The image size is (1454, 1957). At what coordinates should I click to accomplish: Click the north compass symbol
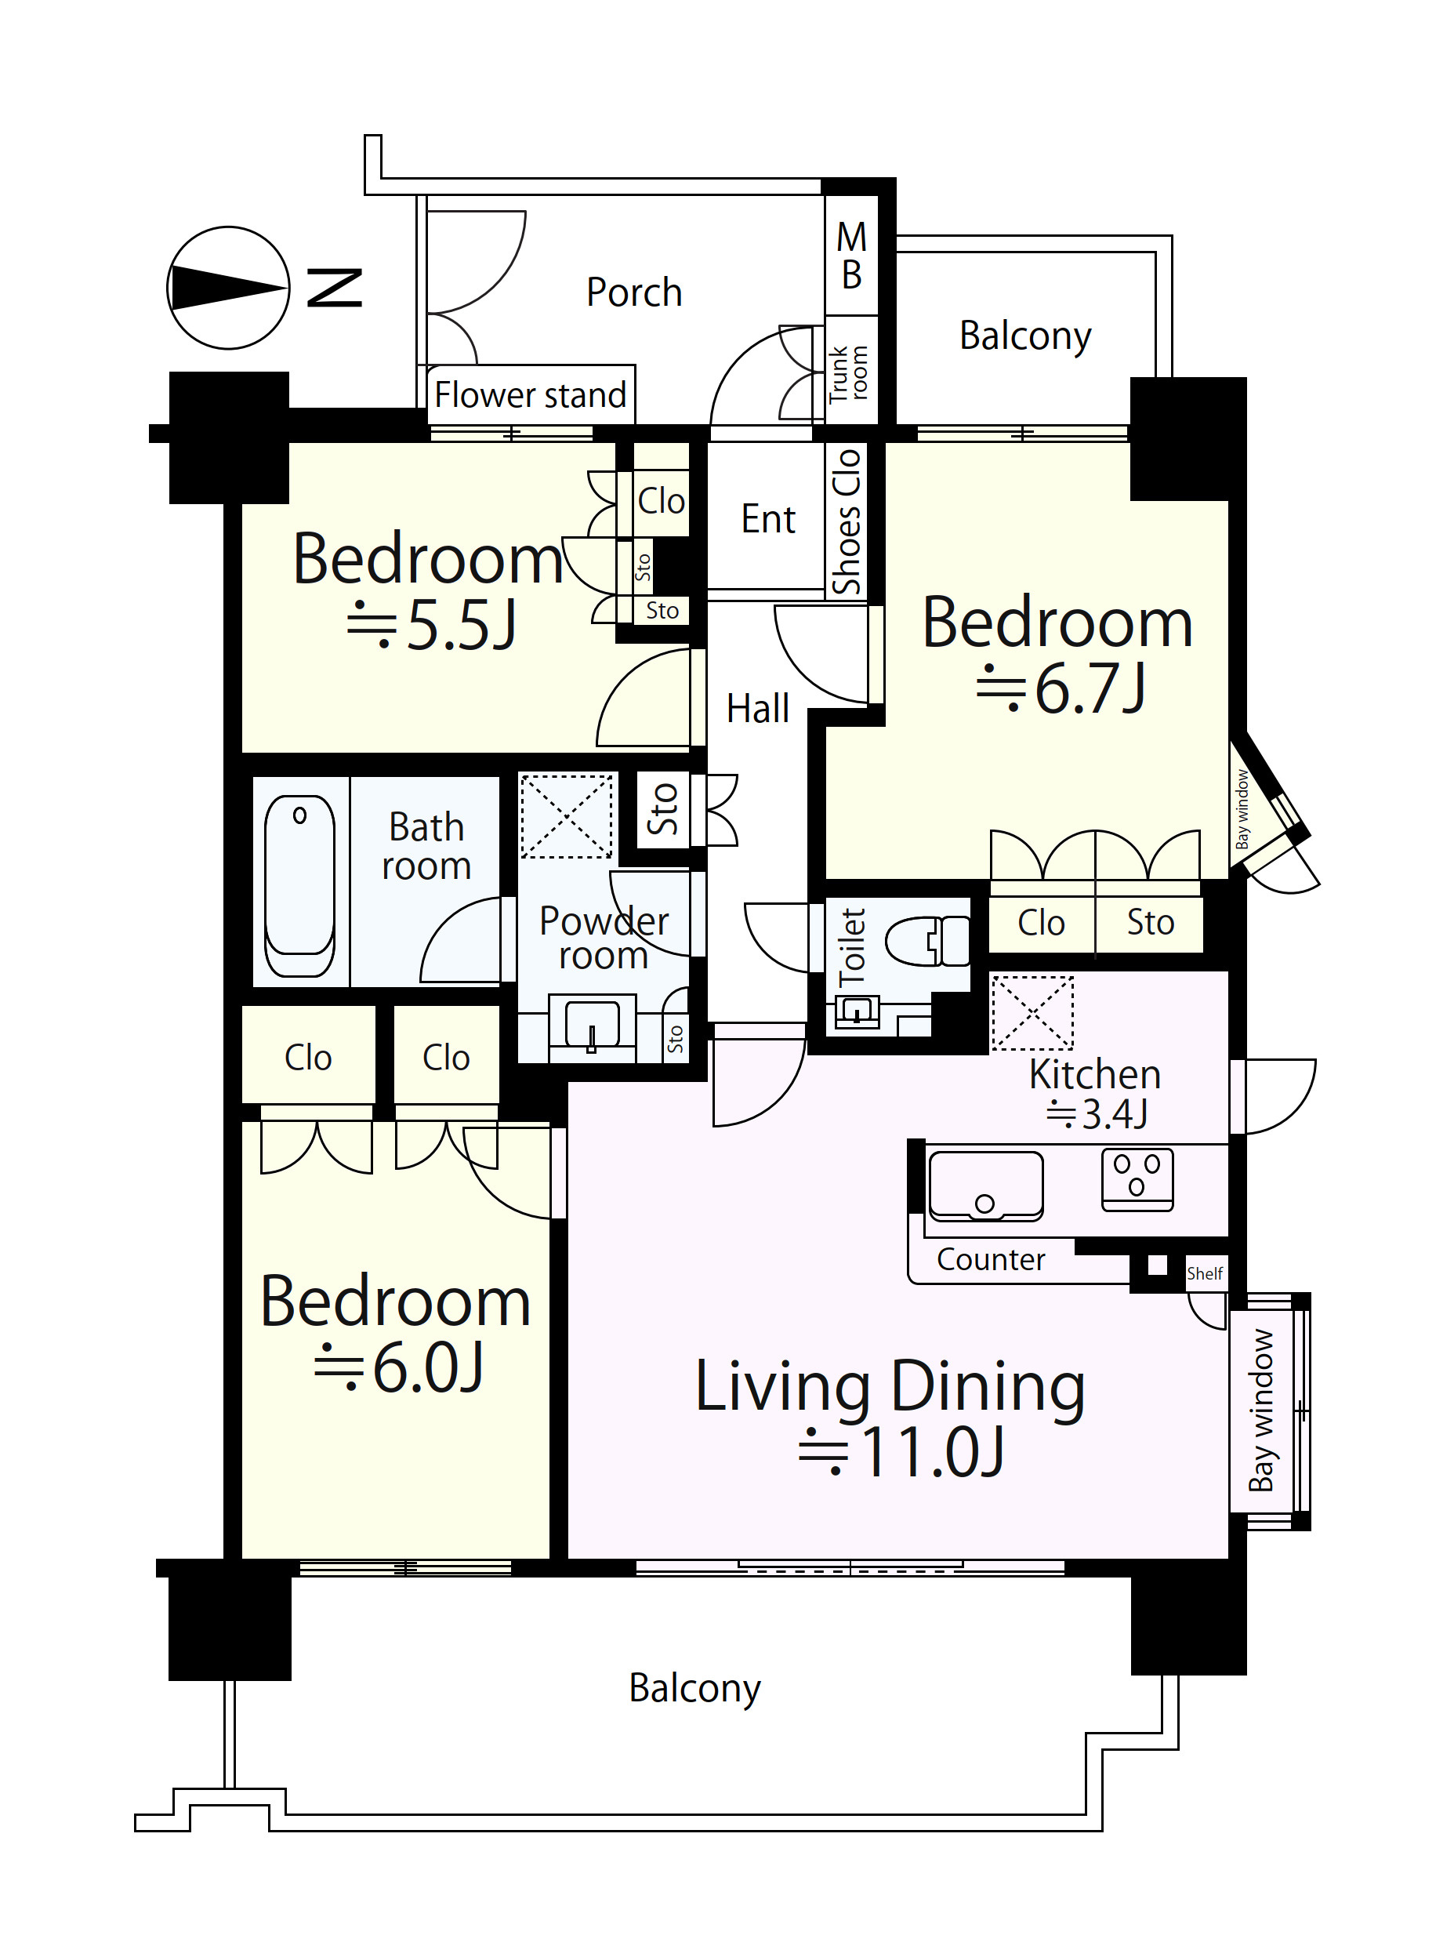point(228,288)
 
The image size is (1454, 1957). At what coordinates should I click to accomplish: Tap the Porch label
point(633,293)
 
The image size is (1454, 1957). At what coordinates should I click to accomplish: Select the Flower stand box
point(531,395)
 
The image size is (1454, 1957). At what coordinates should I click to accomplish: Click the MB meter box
point(851,256)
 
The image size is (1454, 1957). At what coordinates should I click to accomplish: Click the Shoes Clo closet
point(846,521)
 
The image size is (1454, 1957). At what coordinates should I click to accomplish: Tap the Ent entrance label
point(767,519)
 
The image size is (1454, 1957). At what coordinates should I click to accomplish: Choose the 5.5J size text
point(432,626)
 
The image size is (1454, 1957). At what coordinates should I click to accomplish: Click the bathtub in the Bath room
point(299,886)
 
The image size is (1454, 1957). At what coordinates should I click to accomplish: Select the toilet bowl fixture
point(926,941)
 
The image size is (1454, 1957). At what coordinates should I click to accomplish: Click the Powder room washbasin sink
point(592,1026)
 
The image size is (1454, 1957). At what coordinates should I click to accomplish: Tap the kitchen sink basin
point(986,1185)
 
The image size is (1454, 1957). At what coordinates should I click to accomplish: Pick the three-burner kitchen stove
point(1137,1180)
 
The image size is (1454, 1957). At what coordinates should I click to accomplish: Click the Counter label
point(991,1260)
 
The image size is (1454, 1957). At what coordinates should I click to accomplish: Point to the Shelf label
point(1205,1274)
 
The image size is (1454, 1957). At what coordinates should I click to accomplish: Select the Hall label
point(758,709)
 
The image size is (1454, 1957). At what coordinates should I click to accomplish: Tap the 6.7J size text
point(1061,688)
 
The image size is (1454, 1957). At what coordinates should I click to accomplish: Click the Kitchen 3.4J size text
point(1097,1114)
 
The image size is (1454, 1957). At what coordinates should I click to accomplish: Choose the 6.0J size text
point(399,1368)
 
